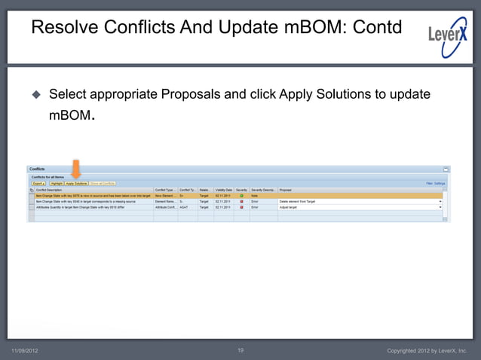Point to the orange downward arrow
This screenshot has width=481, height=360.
75,169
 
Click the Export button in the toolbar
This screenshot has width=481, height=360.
38,183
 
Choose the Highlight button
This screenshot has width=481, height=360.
56,183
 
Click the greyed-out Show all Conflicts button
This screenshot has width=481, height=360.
102,183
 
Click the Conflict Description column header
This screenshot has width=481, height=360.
52,190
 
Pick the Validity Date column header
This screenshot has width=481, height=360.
223,190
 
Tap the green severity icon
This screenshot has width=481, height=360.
241,196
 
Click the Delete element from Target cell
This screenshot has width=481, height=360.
297,202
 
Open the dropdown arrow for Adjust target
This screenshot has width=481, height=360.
440,207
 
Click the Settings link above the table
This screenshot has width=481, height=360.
440,183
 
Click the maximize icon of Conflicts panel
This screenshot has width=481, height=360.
446,169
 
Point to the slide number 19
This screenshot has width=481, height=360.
240,351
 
